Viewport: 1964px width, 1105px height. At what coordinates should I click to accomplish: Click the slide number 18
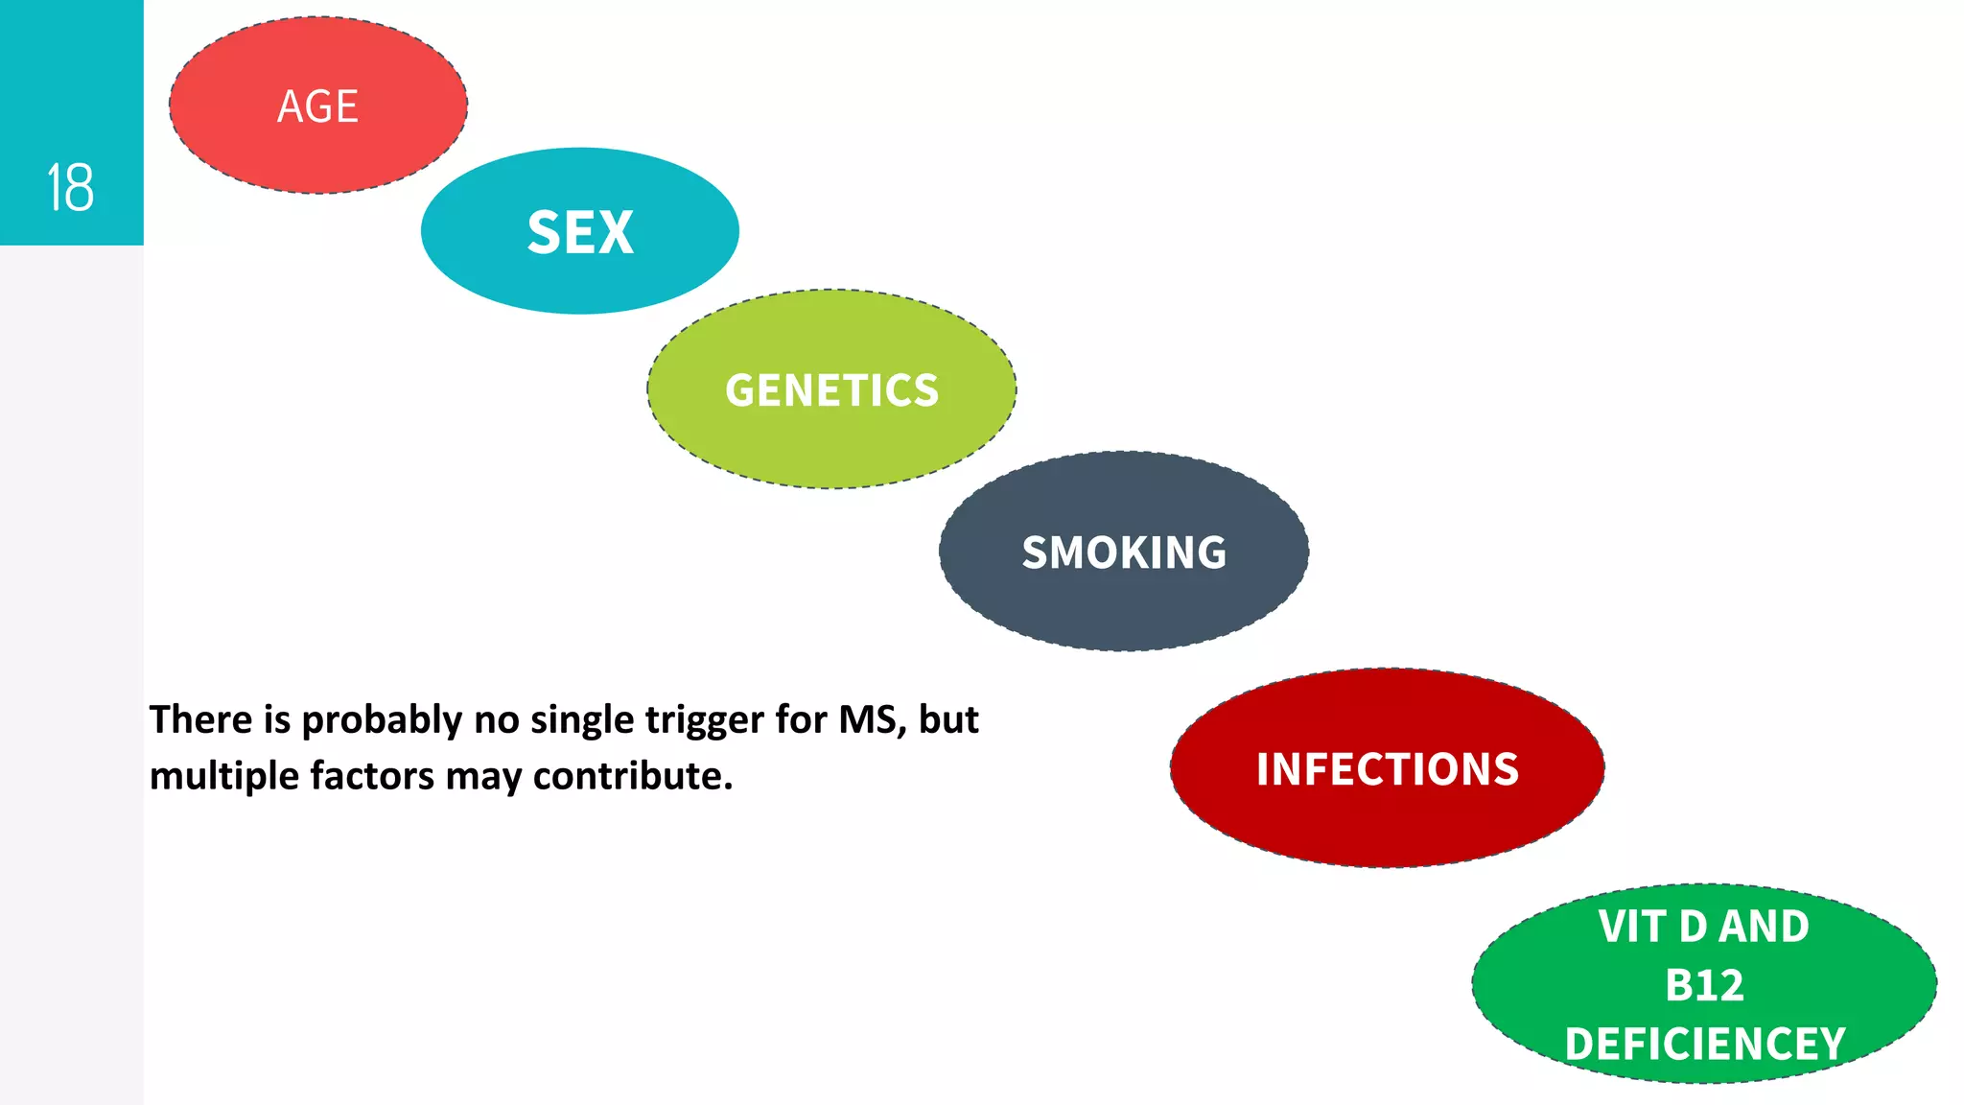pyautogui.click(x=70, y=187)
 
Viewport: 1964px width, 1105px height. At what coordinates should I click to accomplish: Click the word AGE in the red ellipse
pyautogui.click(x=317, y=106)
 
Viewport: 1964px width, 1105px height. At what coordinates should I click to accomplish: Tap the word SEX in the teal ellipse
pyautogui.click(x=580, y=232)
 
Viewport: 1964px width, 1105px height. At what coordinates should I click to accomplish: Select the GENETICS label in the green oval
pyautogui.click(x=831, y=390)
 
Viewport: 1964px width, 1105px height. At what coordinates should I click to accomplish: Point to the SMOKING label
pyautogui.click(x=1124, y=552)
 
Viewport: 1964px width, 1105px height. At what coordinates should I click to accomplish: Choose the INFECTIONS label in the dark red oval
pyautogui.click(x=1388, y=769)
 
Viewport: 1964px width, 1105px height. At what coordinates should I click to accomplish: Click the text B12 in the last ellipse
pyautogui.click(x=1704, y=985)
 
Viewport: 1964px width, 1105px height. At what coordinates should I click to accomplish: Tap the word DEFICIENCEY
pyautogui.click(x=1704, y=1044)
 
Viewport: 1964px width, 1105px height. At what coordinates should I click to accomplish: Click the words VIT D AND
pyautogui.click(x=1704, y=927)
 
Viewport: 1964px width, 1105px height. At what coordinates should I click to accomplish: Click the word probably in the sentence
pyautogui.click(x=382, y=720)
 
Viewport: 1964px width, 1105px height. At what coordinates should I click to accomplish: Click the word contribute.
pyautogui.click(x=632, y=776)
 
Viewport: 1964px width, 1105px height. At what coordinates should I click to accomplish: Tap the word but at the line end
pyautogui.click(x=948, y=719)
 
